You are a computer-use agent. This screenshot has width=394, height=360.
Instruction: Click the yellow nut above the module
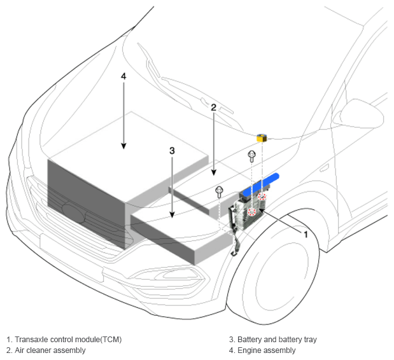pyautogui.click(x=261, y=137)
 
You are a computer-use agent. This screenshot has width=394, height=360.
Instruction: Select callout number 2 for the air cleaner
pyautogui.click(x=214, y=107)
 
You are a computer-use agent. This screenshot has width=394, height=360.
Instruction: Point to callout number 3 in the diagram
pyautogui.click(x=172, y=151)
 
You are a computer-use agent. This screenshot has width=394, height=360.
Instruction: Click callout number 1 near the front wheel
pyautogui.click(x=306, y=234)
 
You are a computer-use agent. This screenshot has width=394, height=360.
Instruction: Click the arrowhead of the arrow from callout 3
pyautogui.click(x=172, y=217)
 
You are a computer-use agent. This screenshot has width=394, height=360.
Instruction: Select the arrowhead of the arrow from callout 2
pyautogui.click(x=214, y=172)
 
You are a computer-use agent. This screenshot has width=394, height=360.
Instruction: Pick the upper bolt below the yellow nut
pyautogui.click(x=251, y=155)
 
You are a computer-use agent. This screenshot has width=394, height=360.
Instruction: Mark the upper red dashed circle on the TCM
pyautogui.click(x=262, y=197)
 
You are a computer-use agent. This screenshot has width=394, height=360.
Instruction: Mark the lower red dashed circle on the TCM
pyautogui.click(x=251, y=211)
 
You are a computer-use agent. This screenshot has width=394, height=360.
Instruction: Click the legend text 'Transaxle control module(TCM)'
pyautogui.click(x=64, y=339)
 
